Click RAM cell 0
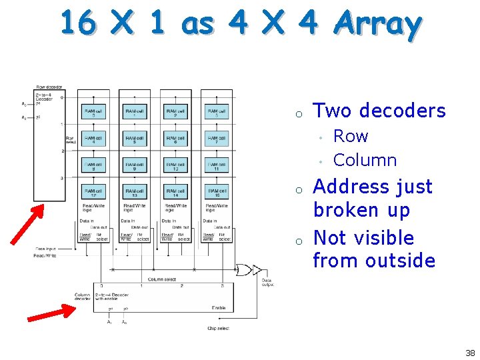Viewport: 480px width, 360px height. tap(94, 112)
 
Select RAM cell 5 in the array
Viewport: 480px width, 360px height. tap(135, 139)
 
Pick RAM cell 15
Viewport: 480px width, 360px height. tap(217, 193)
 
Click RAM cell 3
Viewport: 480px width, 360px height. tap(217, 112)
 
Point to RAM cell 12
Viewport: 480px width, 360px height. tap(94, 193)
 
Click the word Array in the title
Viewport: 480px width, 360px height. tap(377, 25)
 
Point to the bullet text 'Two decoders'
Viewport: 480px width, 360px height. tap(379, 111)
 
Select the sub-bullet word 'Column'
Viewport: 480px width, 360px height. tap(365, 160)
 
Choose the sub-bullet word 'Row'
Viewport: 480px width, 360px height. tap(351, 136)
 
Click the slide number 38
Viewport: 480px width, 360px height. tap(470, 353)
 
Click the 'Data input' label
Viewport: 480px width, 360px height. tap(45, 249)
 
